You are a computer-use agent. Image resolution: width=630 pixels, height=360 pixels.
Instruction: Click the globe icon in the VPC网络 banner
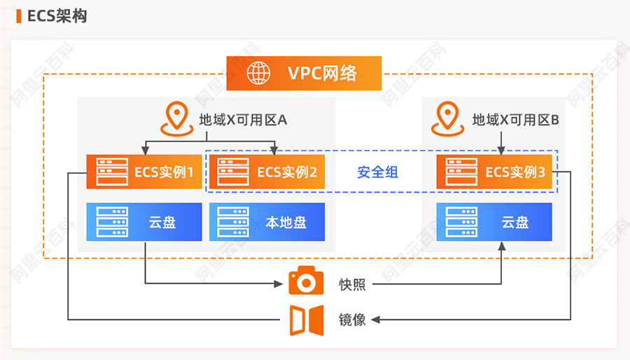(258, 73)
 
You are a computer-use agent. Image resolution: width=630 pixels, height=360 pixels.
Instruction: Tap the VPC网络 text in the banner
(322, 73)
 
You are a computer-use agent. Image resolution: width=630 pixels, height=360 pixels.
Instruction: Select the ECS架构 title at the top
(57, 16)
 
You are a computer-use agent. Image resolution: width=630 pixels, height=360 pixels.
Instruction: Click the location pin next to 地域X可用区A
(177, 119)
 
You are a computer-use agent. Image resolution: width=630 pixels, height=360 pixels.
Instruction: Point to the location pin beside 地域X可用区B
(447, 119)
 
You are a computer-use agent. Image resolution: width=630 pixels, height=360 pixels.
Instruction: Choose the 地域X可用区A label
(243, 120)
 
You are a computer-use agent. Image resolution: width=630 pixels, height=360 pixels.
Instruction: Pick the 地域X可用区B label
(515, 120)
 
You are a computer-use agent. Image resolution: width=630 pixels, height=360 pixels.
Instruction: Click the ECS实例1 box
(144, 172)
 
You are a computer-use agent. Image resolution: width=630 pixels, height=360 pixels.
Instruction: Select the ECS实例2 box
(267, 172)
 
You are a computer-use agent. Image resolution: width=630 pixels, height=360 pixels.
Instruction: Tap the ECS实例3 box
(494, 172)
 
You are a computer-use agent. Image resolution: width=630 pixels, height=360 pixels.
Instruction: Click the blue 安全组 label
(378, 172)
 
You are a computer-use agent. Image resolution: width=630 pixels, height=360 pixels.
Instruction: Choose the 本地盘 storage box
(267, 222)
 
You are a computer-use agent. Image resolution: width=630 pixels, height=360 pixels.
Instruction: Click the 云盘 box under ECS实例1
(144, 222)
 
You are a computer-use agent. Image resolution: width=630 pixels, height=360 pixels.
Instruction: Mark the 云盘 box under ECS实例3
(494, 222)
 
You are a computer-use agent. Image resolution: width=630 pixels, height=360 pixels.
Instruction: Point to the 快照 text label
(352, 284)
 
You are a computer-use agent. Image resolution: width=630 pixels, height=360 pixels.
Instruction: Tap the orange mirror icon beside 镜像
(307, 320)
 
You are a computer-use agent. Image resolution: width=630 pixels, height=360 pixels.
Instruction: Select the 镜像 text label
(352, 320)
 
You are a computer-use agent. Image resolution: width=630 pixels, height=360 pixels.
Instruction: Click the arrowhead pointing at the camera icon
(279, 284)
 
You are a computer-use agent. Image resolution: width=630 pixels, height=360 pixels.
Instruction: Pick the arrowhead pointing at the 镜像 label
(375, 320)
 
